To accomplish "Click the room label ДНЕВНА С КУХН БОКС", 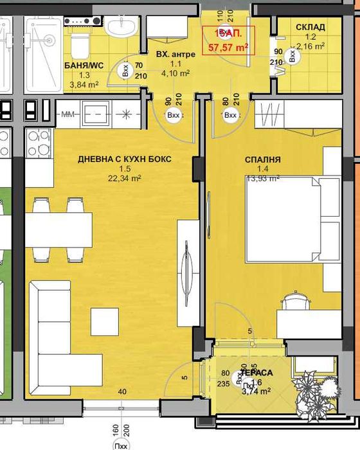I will (125, 159).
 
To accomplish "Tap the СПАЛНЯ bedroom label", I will (262, 159).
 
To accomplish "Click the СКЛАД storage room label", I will (310, 27).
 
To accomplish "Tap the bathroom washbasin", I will (120, 26).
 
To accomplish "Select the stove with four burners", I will (39, 143).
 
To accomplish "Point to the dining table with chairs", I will (58, 228).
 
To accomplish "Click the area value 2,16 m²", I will (310, 46).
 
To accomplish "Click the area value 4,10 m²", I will (175, 73).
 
